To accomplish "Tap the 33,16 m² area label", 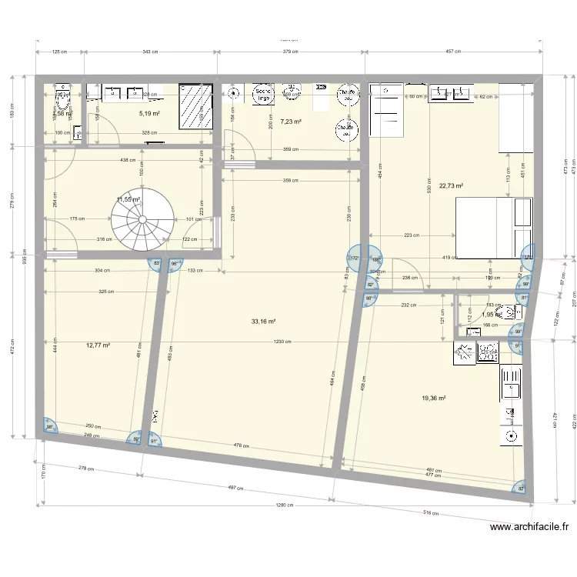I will pos(263,322).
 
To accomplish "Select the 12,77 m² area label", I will pos(98,345).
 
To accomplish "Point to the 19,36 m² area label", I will pos(434,398).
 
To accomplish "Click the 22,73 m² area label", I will pos(451,185).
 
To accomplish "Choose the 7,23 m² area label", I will pos(290,122).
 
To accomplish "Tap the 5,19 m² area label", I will pos(149,114).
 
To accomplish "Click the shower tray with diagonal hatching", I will pos(195,105).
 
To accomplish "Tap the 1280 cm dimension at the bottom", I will pos(283,505).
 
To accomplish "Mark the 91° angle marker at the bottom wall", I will pos(153,441).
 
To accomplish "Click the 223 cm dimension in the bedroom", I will pos(411,235).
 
